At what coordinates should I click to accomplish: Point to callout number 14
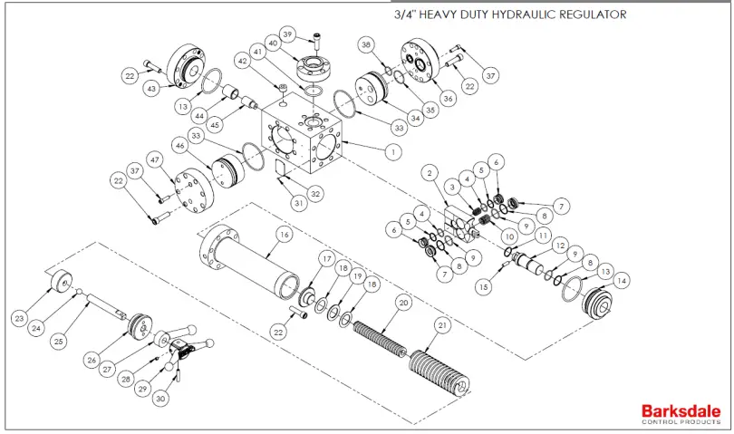(x=620, y=282)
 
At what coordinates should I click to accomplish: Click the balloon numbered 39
(x=289, y=34)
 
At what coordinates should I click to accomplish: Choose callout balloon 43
(x=152, y=88)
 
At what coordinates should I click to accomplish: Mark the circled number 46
(x=180, y=145)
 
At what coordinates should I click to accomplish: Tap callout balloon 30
(x=160, y=397)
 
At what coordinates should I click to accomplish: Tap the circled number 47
(x=154, y=160)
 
